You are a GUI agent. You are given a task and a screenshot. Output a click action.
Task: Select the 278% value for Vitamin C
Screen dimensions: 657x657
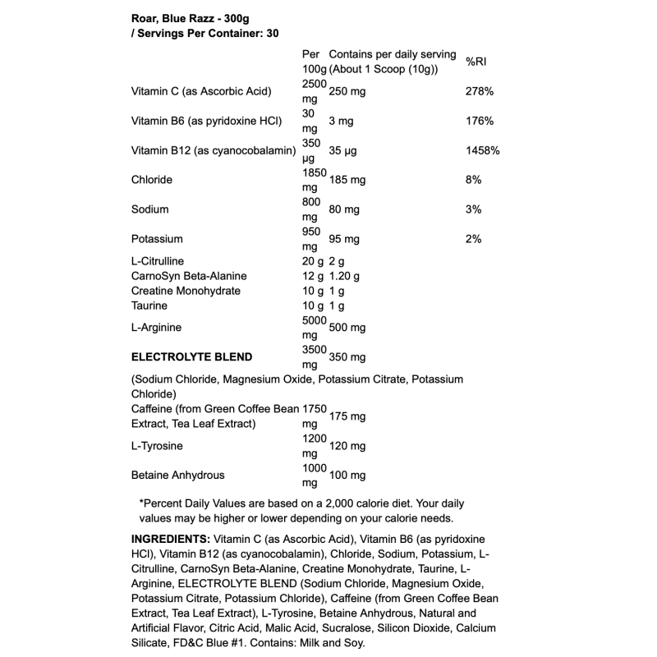[479, 91]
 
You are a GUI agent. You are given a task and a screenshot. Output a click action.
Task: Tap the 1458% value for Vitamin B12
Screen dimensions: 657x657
[482, 150]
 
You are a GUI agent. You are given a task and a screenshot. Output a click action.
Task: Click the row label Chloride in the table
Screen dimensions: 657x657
[151, 180]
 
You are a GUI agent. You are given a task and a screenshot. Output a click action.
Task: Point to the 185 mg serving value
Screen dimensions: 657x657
[347, 180]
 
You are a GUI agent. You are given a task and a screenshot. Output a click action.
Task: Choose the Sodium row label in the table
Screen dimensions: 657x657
[149, 209]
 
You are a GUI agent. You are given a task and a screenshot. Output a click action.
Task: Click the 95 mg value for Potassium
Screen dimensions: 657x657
[344, 239]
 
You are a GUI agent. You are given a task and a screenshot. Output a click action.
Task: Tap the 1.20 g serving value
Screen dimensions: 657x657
[344, 276]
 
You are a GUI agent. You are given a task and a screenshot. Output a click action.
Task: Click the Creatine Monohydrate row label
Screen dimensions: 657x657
[186, 291]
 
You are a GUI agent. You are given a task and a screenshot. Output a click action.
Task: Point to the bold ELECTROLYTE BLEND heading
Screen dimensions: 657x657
[191, 357]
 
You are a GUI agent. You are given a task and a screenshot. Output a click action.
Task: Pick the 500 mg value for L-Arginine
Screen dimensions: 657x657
[347, 328]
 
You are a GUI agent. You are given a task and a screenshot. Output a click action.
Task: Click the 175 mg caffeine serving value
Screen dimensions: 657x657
[347, 416]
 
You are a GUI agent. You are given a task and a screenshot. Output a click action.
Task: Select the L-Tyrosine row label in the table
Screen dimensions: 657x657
[157, 446]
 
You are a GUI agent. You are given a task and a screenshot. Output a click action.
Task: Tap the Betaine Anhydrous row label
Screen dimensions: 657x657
[177, 476]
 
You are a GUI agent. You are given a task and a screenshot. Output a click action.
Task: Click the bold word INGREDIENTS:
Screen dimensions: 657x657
[170, 540]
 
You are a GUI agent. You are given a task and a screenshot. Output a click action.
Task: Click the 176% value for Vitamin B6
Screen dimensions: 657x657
[479, 121]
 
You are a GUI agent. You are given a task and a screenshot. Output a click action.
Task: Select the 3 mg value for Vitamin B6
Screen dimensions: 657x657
[340, 121]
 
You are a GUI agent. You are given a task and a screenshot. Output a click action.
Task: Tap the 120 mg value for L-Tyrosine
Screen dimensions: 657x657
[347, 446]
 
